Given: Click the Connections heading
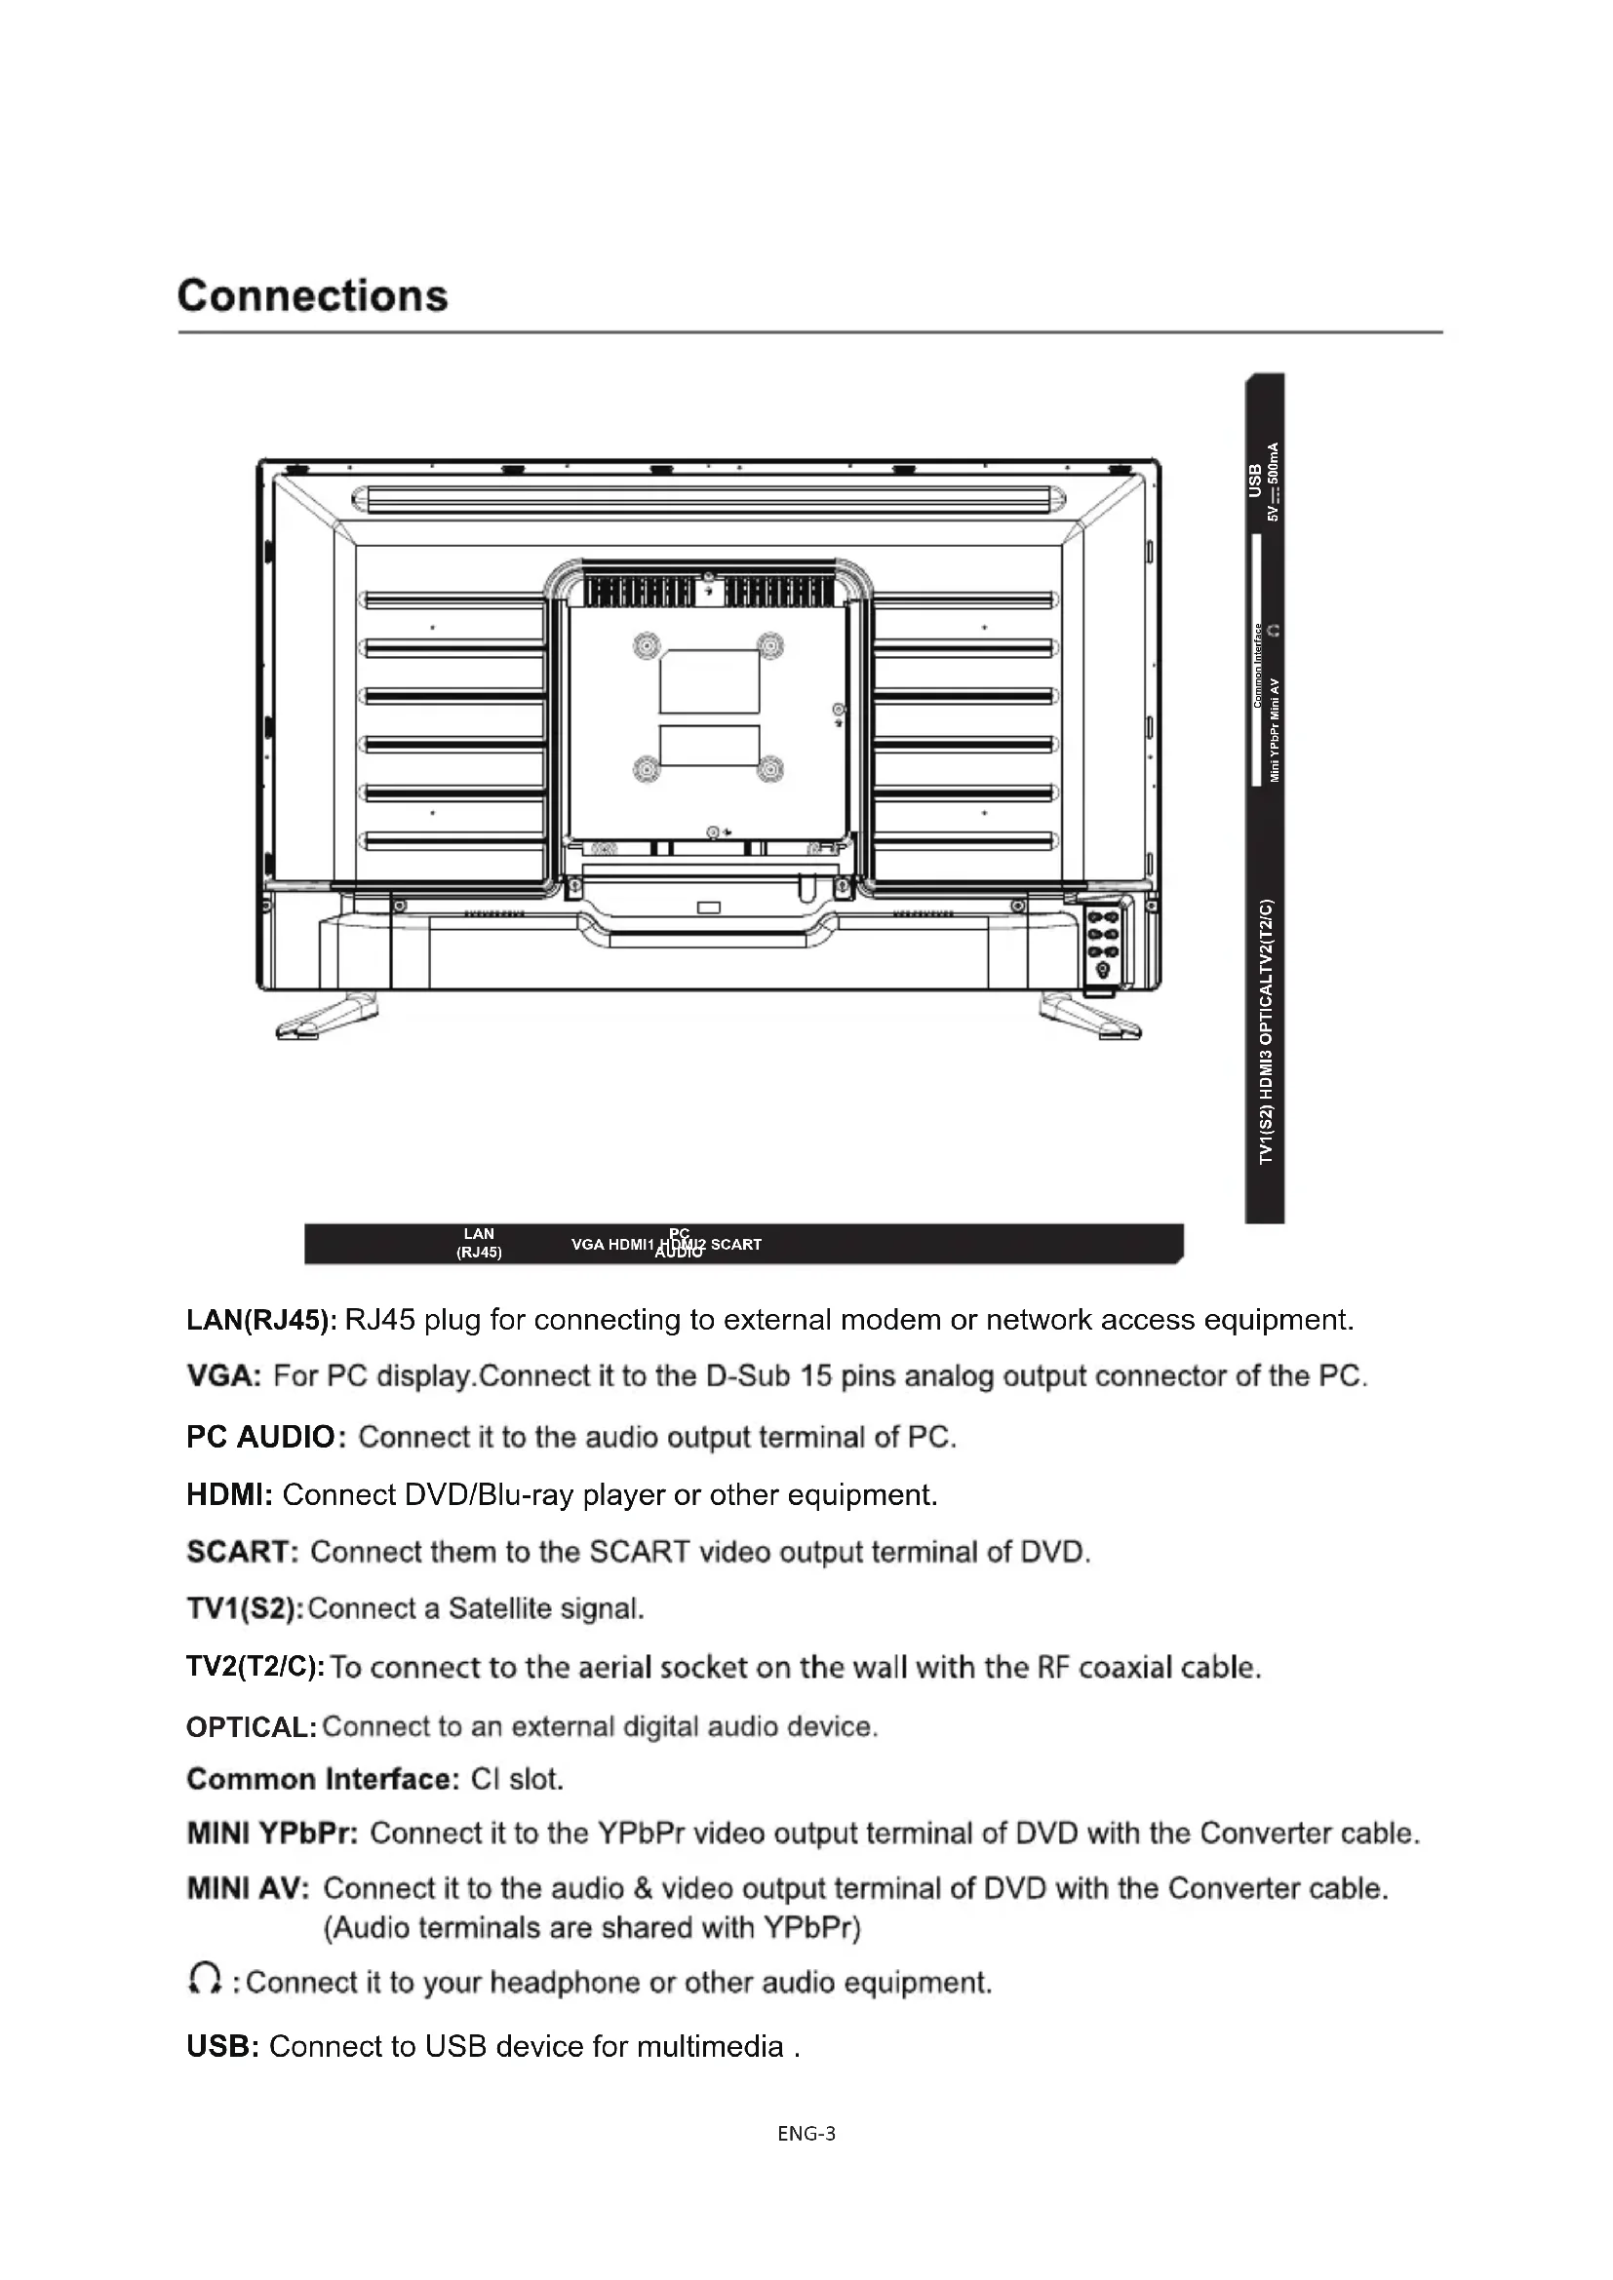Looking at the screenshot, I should [313, 296].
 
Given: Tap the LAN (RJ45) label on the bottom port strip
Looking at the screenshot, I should [479, 1243].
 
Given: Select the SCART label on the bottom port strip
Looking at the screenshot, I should [736, 1244].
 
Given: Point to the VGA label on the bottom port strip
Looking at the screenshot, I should [587, 1244].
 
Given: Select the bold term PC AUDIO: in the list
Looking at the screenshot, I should [265, 1437].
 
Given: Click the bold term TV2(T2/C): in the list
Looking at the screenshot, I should [256, 1666].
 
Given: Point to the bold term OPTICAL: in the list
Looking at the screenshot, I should [252, 1727].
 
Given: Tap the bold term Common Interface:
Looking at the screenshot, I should [323, 1779].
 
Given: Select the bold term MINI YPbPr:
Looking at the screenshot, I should [272, 1834].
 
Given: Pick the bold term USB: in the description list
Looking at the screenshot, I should [222, 2047].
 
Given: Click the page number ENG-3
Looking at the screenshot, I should [806, 2133].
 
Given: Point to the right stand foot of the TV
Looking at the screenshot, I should [1089, 1017].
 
